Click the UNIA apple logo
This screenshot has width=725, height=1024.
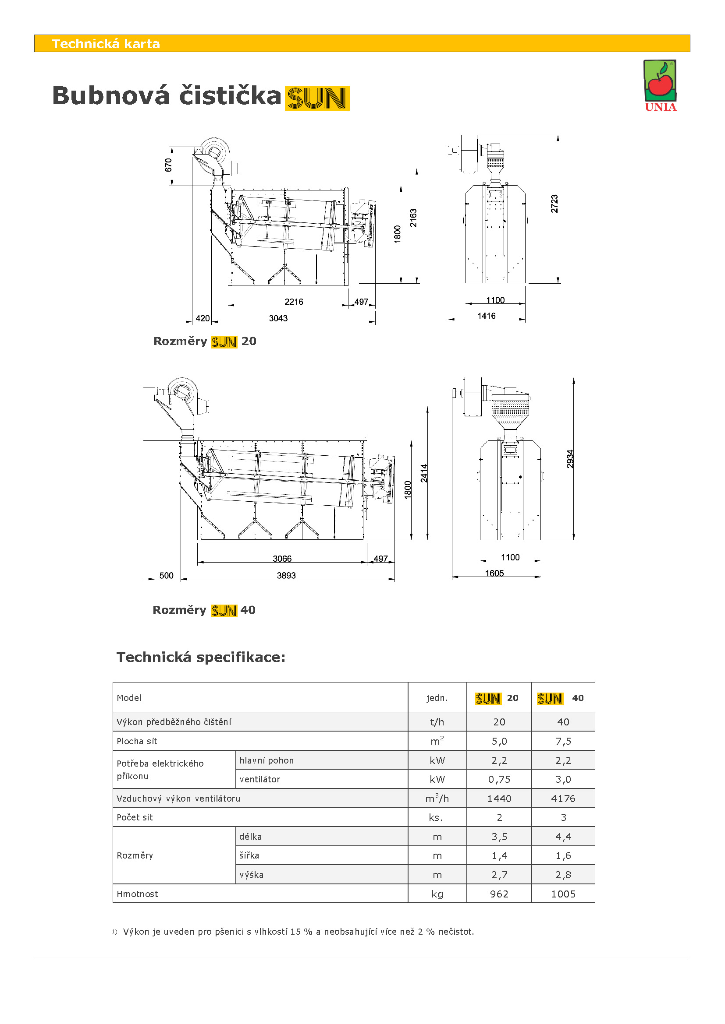point(660,85)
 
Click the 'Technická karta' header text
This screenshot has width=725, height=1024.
point(106,44)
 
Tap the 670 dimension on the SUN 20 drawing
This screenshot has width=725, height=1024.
point(168,165)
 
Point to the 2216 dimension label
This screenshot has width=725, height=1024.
point(293,302)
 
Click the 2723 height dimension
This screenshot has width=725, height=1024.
point(554,204)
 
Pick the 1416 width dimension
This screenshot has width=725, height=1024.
point(486,316)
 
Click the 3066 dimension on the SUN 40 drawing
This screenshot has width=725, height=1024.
point(282,559)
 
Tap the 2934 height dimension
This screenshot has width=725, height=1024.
point(570,459)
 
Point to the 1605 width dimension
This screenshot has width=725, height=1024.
point(494,574)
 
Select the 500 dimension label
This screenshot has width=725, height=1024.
point(166,576)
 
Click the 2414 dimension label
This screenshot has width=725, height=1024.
point(424,473)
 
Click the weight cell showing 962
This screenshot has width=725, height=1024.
point(499,894)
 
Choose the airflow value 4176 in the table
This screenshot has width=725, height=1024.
point(563,799)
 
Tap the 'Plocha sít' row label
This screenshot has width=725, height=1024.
point(137,741)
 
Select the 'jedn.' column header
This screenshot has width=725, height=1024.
point(437,698)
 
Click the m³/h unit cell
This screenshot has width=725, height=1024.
point(437,799)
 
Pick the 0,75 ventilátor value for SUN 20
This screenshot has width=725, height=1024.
point(499,780)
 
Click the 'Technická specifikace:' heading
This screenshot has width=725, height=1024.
point(200,658)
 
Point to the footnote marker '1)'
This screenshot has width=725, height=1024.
point(114,931)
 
